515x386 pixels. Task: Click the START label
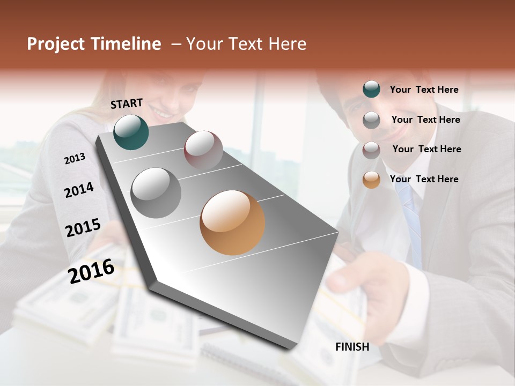(x=127, y=103)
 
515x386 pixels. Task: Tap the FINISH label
(x=352, y=347)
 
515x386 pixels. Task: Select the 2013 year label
(x=75, y=158)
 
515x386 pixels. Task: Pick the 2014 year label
(x=79, y=190)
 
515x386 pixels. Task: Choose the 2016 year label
(x=91, y=271)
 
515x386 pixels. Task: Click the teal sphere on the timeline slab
(x=131, y=132)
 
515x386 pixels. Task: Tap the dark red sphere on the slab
(x=203, y=150)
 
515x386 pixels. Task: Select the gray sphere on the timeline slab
(x=156, y=193)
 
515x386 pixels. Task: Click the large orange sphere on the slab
(x=232, y=222)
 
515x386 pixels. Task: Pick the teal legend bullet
(x=371, y=90)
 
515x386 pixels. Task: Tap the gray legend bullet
(x=371, y=120)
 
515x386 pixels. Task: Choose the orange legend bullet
(x=371, y=180)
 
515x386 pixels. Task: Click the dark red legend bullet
(x=371, y=150)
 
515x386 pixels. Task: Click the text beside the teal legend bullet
(x=424, y=90)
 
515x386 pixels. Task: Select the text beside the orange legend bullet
(x=424, y=179)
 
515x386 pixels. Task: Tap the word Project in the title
(x=55, y=44)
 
